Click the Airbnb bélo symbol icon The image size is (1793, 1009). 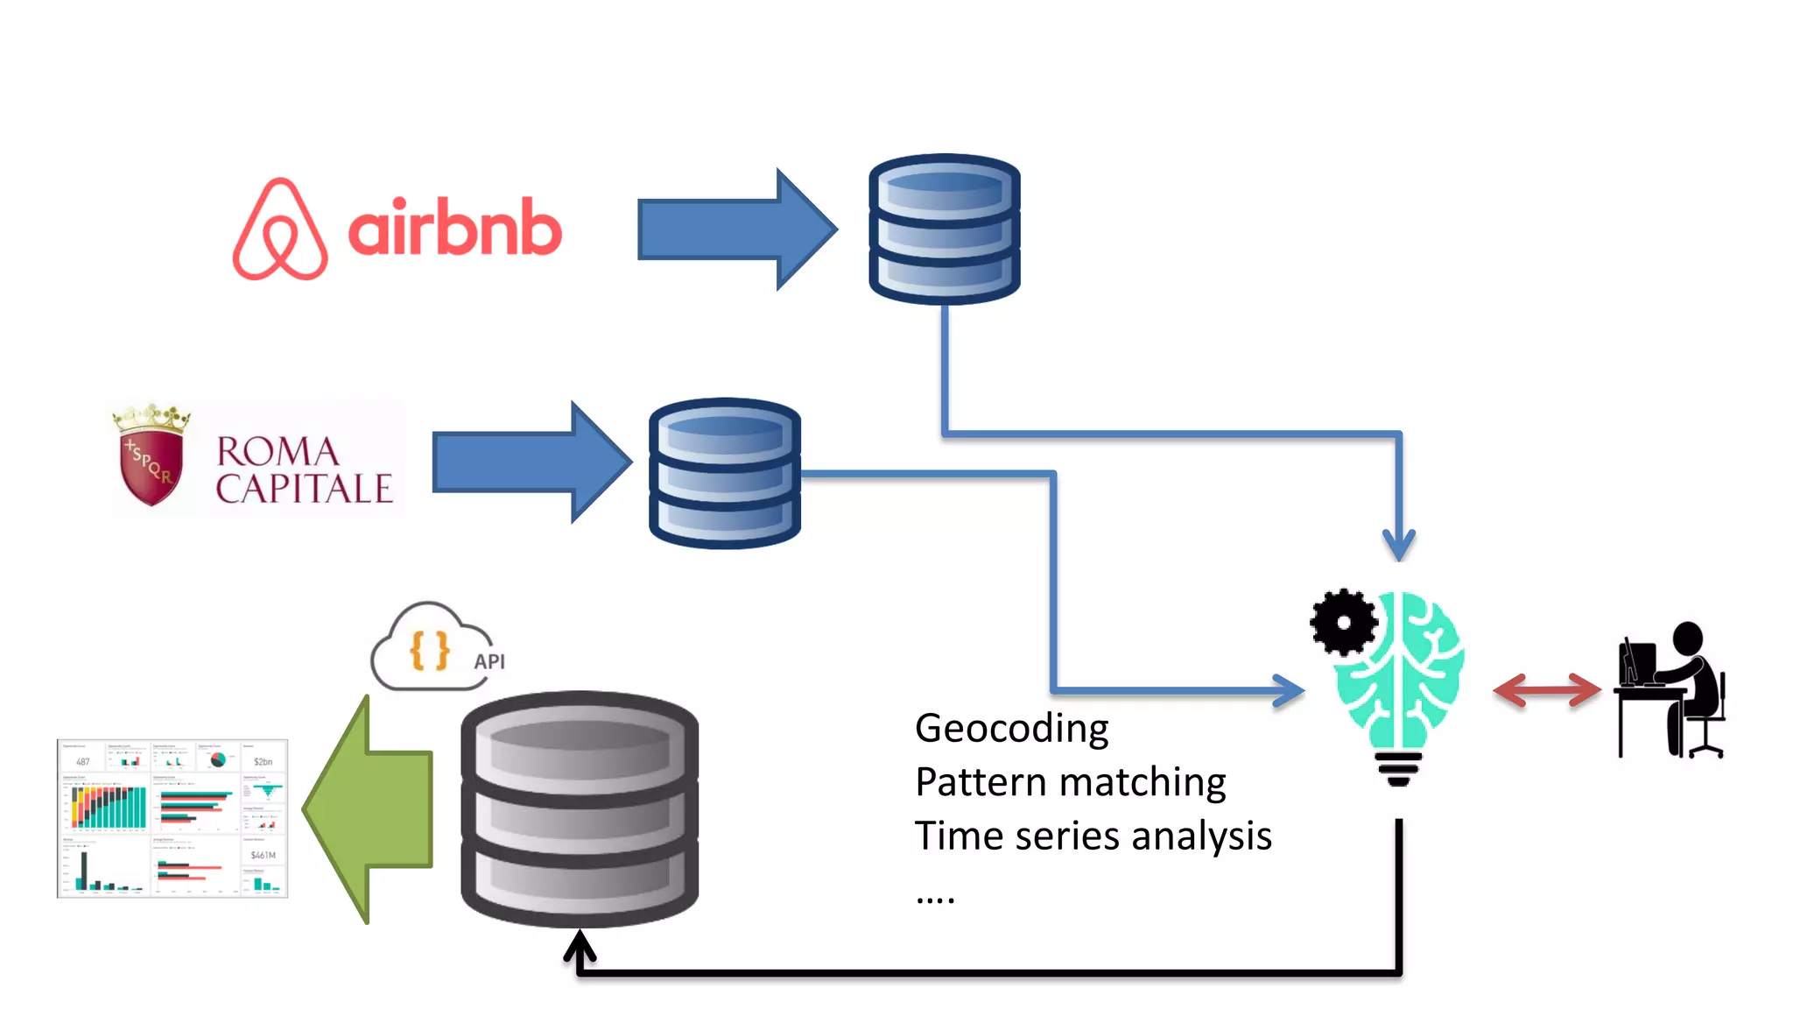[x=280, y=229]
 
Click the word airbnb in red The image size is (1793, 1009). [x=454, y=228]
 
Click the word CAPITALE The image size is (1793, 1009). [x=304, y=489]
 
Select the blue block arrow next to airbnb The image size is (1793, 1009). [x=735, y=229]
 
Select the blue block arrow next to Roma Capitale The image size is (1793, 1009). [x=531, y=462]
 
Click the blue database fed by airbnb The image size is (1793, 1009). [x=944, y=229]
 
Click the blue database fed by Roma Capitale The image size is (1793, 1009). [x=724, y=473]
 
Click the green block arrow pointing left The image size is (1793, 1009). [x=371, y=809]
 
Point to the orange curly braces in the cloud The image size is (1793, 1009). [x=429, y=651]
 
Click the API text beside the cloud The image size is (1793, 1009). [x=489, y=662]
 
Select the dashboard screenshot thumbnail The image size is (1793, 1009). [x=172, y=818]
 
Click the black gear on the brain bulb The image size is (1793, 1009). [x=1343, y=622]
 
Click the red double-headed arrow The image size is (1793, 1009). [x=1546, y=690]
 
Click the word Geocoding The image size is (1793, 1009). [x=1011, y=729]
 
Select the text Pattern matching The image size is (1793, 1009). [x=1070, y=782]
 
